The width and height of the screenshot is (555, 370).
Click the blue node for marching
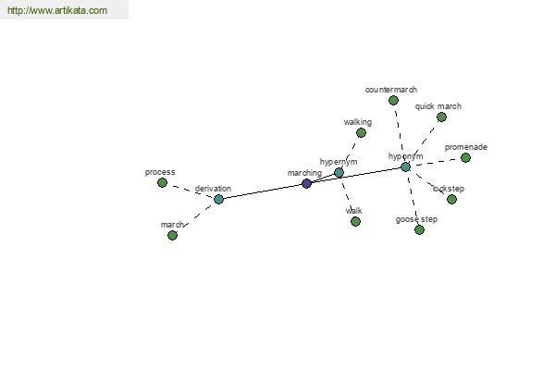306,183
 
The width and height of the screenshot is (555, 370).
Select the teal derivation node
218,199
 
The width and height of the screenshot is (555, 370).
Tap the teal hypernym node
339,172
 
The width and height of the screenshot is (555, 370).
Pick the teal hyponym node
406,166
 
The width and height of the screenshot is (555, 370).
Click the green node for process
162,183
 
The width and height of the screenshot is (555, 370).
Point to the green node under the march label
172,235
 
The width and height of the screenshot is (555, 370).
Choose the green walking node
361,133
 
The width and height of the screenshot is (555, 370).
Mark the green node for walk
356,221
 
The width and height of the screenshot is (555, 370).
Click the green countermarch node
393,101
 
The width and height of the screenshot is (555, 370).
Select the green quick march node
441,117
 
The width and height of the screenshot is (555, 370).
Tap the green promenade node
466,157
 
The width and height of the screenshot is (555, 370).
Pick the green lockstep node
451,200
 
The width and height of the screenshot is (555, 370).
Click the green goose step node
419,229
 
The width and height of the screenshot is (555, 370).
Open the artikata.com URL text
57,10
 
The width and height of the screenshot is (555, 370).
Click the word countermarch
391,90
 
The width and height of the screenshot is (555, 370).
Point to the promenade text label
466,147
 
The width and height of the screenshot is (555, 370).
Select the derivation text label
213,189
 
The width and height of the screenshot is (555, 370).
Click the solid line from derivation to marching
263,191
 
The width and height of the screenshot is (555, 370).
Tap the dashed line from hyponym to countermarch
400,134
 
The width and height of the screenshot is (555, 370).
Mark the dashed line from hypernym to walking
350,153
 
